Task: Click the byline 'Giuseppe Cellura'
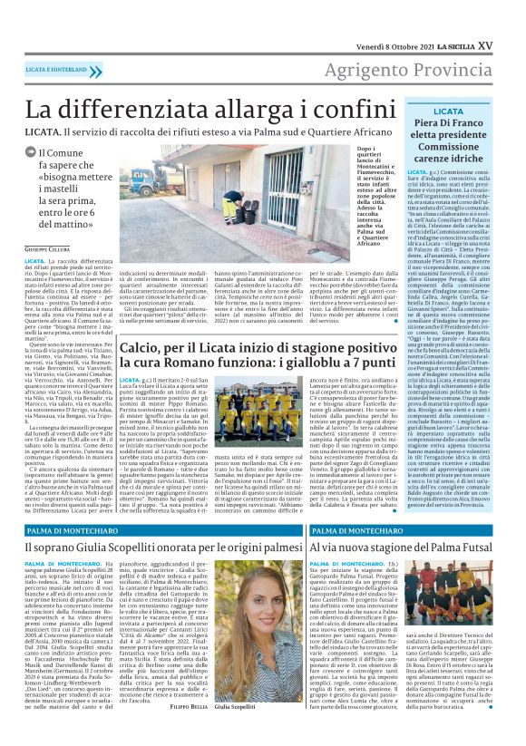pyautogui.click(x=48, y=247)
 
